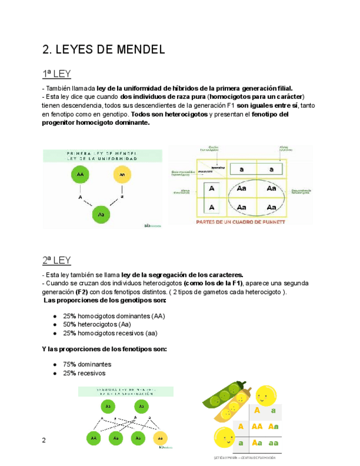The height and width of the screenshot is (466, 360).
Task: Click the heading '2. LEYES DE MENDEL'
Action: click(104, 50)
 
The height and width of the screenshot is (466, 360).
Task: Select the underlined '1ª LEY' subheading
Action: click(57, 74)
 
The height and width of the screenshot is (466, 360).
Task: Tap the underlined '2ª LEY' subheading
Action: click(57, 260)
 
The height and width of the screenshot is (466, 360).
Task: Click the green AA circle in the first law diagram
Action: click(80, 175)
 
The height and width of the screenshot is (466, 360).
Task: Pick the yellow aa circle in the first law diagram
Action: click(123, 175)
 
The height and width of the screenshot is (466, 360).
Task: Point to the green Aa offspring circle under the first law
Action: click(101, 214)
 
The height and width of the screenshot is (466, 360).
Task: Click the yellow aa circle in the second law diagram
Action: click(160, 438)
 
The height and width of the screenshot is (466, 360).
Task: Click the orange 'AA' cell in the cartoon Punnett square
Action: click(257, 426)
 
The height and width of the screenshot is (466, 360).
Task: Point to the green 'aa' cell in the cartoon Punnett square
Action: click(273, 442)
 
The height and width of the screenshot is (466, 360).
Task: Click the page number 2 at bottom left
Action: click(45, 440)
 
